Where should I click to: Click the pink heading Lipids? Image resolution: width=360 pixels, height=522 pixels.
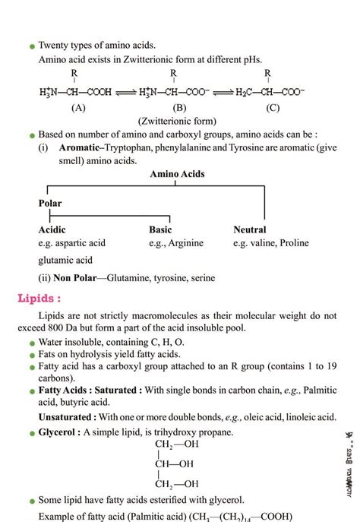39,298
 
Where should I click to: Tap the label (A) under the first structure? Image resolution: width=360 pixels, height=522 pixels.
79,108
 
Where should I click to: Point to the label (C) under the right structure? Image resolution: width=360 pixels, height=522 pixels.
273,108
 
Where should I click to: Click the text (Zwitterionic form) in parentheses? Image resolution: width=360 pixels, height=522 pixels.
177,122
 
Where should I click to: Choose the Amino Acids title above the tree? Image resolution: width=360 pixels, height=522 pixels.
177,175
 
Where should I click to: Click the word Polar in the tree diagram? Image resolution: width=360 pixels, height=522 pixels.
50,204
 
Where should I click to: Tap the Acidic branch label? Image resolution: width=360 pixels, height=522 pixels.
52,229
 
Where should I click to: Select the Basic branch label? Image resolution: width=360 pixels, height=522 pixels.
160,229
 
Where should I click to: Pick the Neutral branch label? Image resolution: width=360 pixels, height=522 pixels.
250,229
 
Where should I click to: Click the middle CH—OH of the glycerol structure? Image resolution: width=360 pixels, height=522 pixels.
174,463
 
